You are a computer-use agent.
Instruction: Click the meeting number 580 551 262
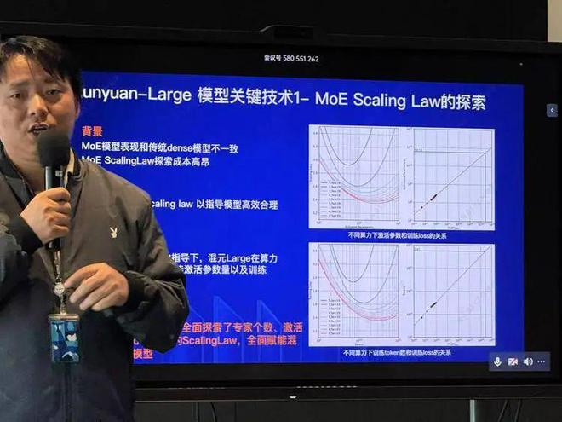pyautogui.click(x=292, y=59)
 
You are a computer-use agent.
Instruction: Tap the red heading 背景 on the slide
pyautogui.click(x=92, y=132)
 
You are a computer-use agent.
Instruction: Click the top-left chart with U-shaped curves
pyautogui.click(x=357, y=176)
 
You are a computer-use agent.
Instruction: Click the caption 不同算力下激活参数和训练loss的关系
pyautogui.click(x=397, y=234)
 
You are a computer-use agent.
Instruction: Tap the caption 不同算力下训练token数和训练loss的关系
pyautogui.click(x=397, y=351)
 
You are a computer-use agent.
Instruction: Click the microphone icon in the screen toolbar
pyautogui.click(x=497, y=361)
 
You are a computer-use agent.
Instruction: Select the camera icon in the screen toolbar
pyautogui.click(x=513, y=361)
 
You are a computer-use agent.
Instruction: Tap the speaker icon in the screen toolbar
pyautogui.click(x=528, y=361)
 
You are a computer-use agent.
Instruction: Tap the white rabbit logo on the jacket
pyautogui.click(x=113, y=232)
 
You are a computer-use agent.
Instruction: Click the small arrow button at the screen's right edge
pyautogui.click(x=552, y=111)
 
